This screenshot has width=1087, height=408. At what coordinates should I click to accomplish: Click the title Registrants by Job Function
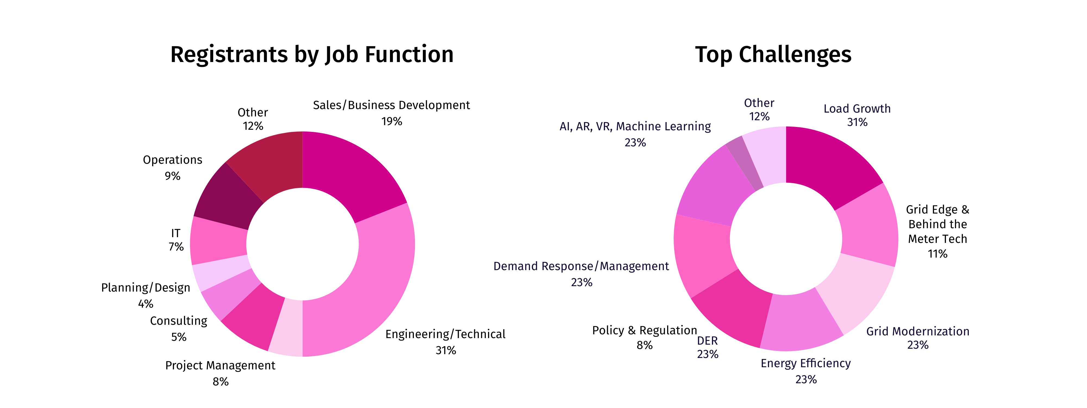(312, 55)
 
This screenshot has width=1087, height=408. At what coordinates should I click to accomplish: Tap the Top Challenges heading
(773, 55)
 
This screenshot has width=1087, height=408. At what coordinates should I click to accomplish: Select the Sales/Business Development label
(391, 105)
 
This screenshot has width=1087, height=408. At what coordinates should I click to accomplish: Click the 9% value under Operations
(173, 176)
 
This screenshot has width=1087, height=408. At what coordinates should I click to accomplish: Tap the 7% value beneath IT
(176, 247)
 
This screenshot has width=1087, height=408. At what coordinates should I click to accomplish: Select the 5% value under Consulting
(179, 337)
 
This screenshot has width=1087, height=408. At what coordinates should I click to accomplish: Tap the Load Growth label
(857, 109)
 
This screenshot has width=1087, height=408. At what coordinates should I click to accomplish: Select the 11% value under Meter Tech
(937, 254)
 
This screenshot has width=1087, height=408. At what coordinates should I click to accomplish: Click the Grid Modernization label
(918, 332)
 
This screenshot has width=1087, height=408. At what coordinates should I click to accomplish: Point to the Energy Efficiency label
(805, 363)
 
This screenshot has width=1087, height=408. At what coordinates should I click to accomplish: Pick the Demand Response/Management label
(581, 266)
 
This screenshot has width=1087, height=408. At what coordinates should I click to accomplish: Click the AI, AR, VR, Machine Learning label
(635, 126)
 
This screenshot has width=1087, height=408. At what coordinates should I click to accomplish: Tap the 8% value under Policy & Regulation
(644, 345)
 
